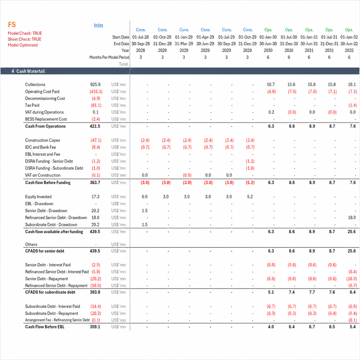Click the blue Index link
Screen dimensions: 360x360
pyautogui.click(x=98, y=25)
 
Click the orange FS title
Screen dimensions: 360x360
pyautogui.click(x=12, y=25)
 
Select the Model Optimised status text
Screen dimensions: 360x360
pyautogui.click(x=23, y=45)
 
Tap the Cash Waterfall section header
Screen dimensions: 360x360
pyautogui.click(x=28, y=71)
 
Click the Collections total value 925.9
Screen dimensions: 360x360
pyautogui.click(x=95, y=84)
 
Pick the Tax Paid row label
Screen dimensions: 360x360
pyautogui.click(x=32, y=105)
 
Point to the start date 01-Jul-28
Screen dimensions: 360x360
pyautogui.click(x=140, y=37)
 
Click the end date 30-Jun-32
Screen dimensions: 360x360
pyautogui.click(x=349, y=44)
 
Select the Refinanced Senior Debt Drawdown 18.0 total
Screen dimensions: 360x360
pyautogui.click(x=95, y=217)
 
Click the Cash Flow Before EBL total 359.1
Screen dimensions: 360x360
pyautogui.click(x=95, y=327)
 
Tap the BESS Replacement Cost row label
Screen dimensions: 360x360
pyautogui.click(x=46, y=119)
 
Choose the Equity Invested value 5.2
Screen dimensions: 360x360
pyautogui.click(x=250, y=197)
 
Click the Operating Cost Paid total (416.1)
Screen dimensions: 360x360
pyautogui.click(x=96, y=92)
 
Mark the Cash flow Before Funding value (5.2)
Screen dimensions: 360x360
pyautogui.click(x=250, y=183)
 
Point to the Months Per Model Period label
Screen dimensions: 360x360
pyautogui.click(x=109, y=57)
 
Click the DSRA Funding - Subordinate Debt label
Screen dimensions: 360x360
pyautogui.click(x=54, y=168)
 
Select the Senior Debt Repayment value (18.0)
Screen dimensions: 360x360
pyautogui.click(x=352, y=278)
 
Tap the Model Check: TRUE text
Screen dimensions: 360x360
pyautogui.click(x=25, y=33)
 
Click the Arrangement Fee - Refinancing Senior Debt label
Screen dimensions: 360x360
pyautogui.click(x=57, y=320)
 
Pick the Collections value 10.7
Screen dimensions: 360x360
pyautogui.click(x=271, y=84)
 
